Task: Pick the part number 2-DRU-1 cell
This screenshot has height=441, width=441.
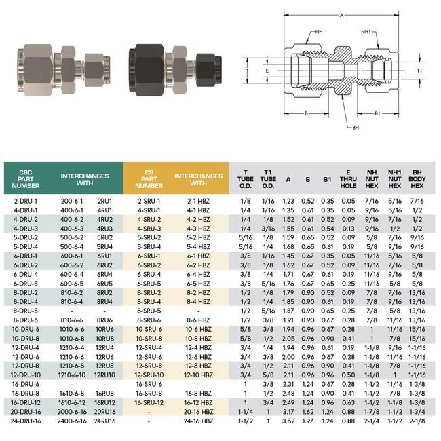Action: [x=26, y=201]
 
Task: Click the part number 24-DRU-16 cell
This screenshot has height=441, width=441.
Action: [x=26, y=421]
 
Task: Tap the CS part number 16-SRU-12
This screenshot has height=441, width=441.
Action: [x=149, y=402]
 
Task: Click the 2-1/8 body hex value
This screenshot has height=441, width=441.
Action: [x=417, y=421]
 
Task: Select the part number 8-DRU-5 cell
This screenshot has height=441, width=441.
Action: [x=26, y=311]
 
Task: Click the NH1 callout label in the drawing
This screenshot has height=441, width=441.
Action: [x=366, y=31]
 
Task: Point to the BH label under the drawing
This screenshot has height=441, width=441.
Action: [x=355, y=127]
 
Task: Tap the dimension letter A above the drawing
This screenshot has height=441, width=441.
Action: [x=341, y=14]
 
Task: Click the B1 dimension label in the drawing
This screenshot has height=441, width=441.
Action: [x=377, y=114]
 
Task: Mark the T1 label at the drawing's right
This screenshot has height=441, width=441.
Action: [x=419, y=70]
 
